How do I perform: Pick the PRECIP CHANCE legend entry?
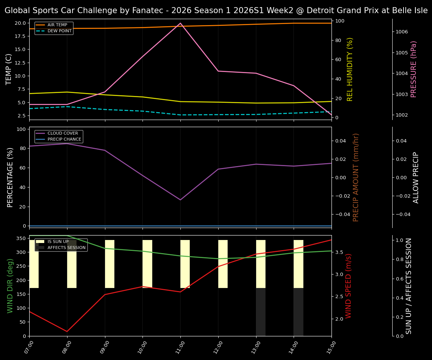[64, 139]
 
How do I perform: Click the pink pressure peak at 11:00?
[180, 23]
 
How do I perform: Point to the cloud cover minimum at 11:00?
[180, 199]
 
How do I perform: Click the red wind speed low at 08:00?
[67, 331]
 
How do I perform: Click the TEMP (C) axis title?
[9, 69]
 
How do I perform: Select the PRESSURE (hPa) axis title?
[414, 69]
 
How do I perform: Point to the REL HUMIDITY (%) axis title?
[350, 69]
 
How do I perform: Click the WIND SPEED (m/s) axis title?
[348, 286]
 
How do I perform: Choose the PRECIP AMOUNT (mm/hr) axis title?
[356, 177]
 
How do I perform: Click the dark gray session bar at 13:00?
[261, 312]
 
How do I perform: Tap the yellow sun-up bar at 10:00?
[147, 264]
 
